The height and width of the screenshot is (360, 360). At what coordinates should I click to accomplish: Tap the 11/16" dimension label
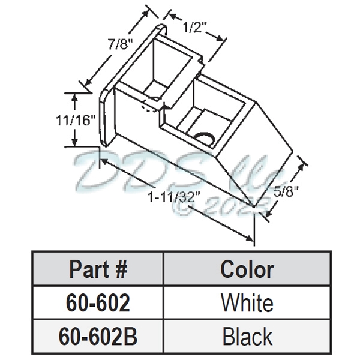(75, 119)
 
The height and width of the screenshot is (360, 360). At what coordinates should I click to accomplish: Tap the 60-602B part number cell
(99, 335)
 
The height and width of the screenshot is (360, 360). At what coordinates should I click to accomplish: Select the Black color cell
(247, 335)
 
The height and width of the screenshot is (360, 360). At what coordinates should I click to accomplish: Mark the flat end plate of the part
(107, 114)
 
